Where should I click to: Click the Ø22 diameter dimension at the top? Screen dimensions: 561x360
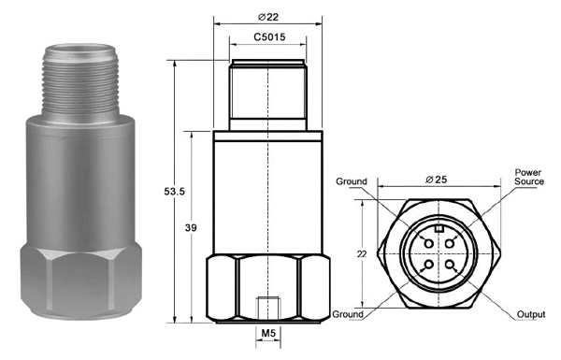pyautogui.click(x=267, y=17)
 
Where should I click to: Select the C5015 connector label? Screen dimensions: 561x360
pyautogui.click(x=269, y=36)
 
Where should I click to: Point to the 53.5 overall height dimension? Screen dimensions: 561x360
pyautogui.click(x=174, y=192)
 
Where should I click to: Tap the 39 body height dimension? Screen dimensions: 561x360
pyautogui.click(x=191, y=227)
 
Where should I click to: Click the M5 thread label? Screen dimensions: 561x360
pyautogui.click(x=268, y=334)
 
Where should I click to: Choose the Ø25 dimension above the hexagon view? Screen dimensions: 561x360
pyautogui.click(x=436, y=180)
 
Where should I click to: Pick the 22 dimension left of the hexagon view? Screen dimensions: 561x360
pyautogui.click(x=362, y=254)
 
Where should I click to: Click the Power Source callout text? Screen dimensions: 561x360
pyautogui.click(x=529, y=177)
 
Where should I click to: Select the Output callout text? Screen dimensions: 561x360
pyautogui.click(x=531, y=314)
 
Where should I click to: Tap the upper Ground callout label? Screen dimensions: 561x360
pyautogui.click(x=352, y=181)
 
